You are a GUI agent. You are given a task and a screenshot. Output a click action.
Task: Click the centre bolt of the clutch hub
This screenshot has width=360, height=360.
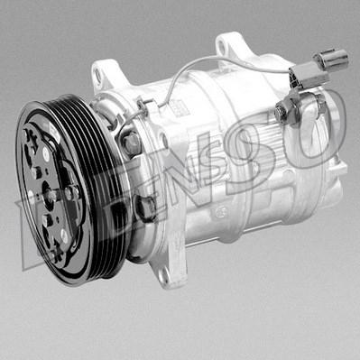54,193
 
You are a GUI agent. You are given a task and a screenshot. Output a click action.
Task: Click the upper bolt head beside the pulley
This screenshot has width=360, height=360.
133,142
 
